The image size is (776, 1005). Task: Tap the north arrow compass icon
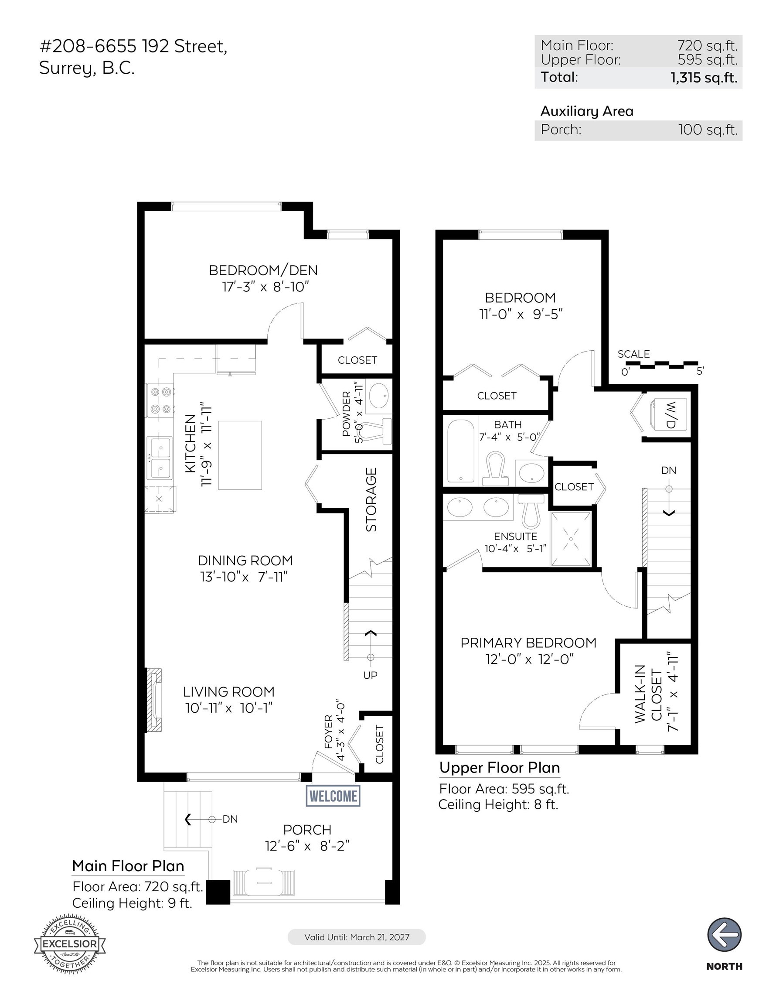(724, 934)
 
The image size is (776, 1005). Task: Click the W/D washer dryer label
(670, 415)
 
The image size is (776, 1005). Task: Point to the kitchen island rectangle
(240, 455)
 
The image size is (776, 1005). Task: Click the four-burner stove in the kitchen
(160, 400)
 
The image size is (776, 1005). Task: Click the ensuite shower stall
(571, 538)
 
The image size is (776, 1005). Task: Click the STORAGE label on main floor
(371, 500)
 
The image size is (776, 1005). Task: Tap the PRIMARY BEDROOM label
(528, 643)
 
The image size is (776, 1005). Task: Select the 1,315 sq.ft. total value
(704, 77)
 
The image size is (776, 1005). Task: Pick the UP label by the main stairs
(370, 675)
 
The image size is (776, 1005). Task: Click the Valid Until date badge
(357, 937)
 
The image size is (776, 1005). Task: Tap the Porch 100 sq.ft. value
(708, 130)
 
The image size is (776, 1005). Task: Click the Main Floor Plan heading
(128, 865)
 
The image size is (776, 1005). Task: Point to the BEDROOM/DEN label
(263, 270)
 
